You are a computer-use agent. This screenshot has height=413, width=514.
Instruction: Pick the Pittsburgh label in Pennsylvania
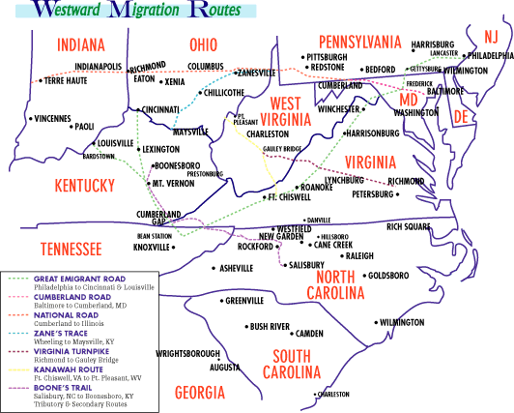(326, 57)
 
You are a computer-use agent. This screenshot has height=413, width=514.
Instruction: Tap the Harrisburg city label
(432, 44)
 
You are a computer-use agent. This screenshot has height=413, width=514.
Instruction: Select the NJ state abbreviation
(492, 36)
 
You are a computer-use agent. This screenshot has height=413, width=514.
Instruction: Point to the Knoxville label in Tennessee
(153, 247)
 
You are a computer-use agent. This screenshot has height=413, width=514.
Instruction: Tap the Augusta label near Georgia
(224, 368)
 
